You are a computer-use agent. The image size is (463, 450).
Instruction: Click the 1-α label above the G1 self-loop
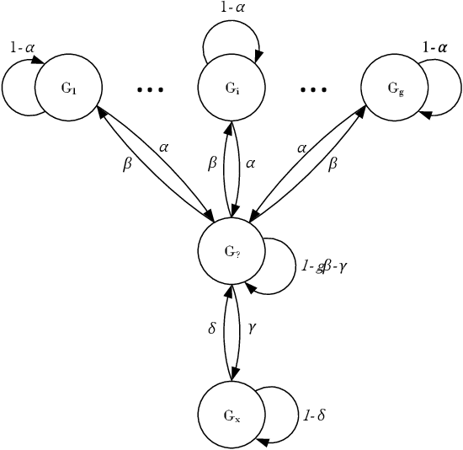(x=23, y=48)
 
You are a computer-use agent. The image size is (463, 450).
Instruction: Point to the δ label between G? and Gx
(x=212, y=327)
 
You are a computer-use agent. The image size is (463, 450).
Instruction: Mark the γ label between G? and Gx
(x=251, y=327)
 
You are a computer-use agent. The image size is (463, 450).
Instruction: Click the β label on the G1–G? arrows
(x=128, y=163)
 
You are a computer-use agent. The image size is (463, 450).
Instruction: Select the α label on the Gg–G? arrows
(x=301, y=147)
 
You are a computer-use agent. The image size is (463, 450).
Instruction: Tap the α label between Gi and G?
(x=250, y=163)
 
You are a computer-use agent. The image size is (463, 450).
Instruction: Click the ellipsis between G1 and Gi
(x=149, y=88)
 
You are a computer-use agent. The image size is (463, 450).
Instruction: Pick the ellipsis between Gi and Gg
(x=313, y=88)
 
